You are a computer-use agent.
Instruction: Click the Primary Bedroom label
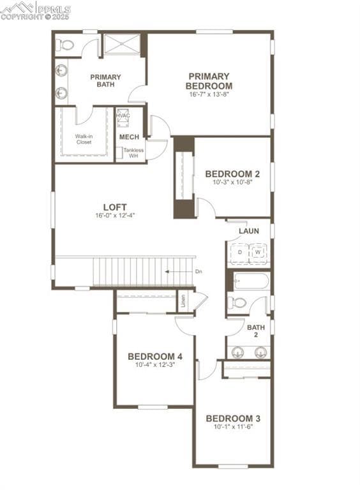209,81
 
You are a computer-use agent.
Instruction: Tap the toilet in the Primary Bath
65,45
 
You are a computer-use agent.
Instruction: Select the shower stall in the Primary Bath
122,44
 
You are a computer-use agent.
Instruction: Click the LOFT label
115,207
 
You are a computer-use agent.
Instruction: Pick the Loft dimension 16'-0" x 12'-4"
115,216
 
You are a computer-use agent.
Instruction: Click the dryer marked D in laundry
239,253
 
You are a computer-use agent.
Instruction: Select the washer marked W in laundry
258,253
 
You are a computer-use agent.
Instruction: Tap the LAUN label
248,231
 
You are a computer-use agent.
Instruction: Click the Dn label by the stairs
199,272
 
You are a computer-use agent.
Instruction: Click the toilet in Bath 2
237,302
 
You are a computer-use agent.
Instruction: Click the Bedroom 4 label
154,356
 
